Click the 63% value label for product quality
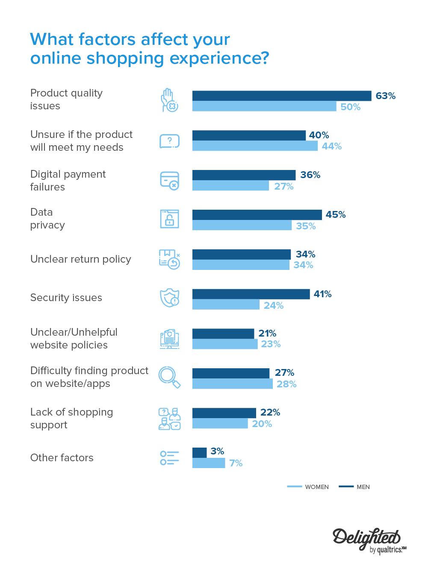pos(385,96)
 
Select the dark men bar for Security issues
pos(251,294)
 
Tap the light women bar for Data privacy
pos(242,226)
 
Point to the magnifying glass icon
pos(169,377)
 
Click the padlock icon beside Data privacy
pos(169,219)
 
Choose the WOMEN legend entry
pos(308,487)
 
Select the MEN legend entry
pos(354,487)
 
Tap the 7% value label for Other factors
pos(236,463)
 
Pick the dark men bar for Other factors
pos(199,452)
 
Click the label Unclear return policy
pos(80,259)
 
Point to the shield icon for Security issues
pos(169,298)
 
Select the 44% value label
pos(332,146)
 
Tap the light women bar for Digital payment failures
pos(230,186)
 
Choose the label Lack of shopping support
pos(71,419)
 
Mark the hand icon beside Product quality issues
pos(169,100)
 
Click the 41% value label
pos(322,294)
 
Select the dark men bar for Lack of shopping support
pos(224,413)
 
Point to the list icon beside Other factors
pos(169,458)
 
